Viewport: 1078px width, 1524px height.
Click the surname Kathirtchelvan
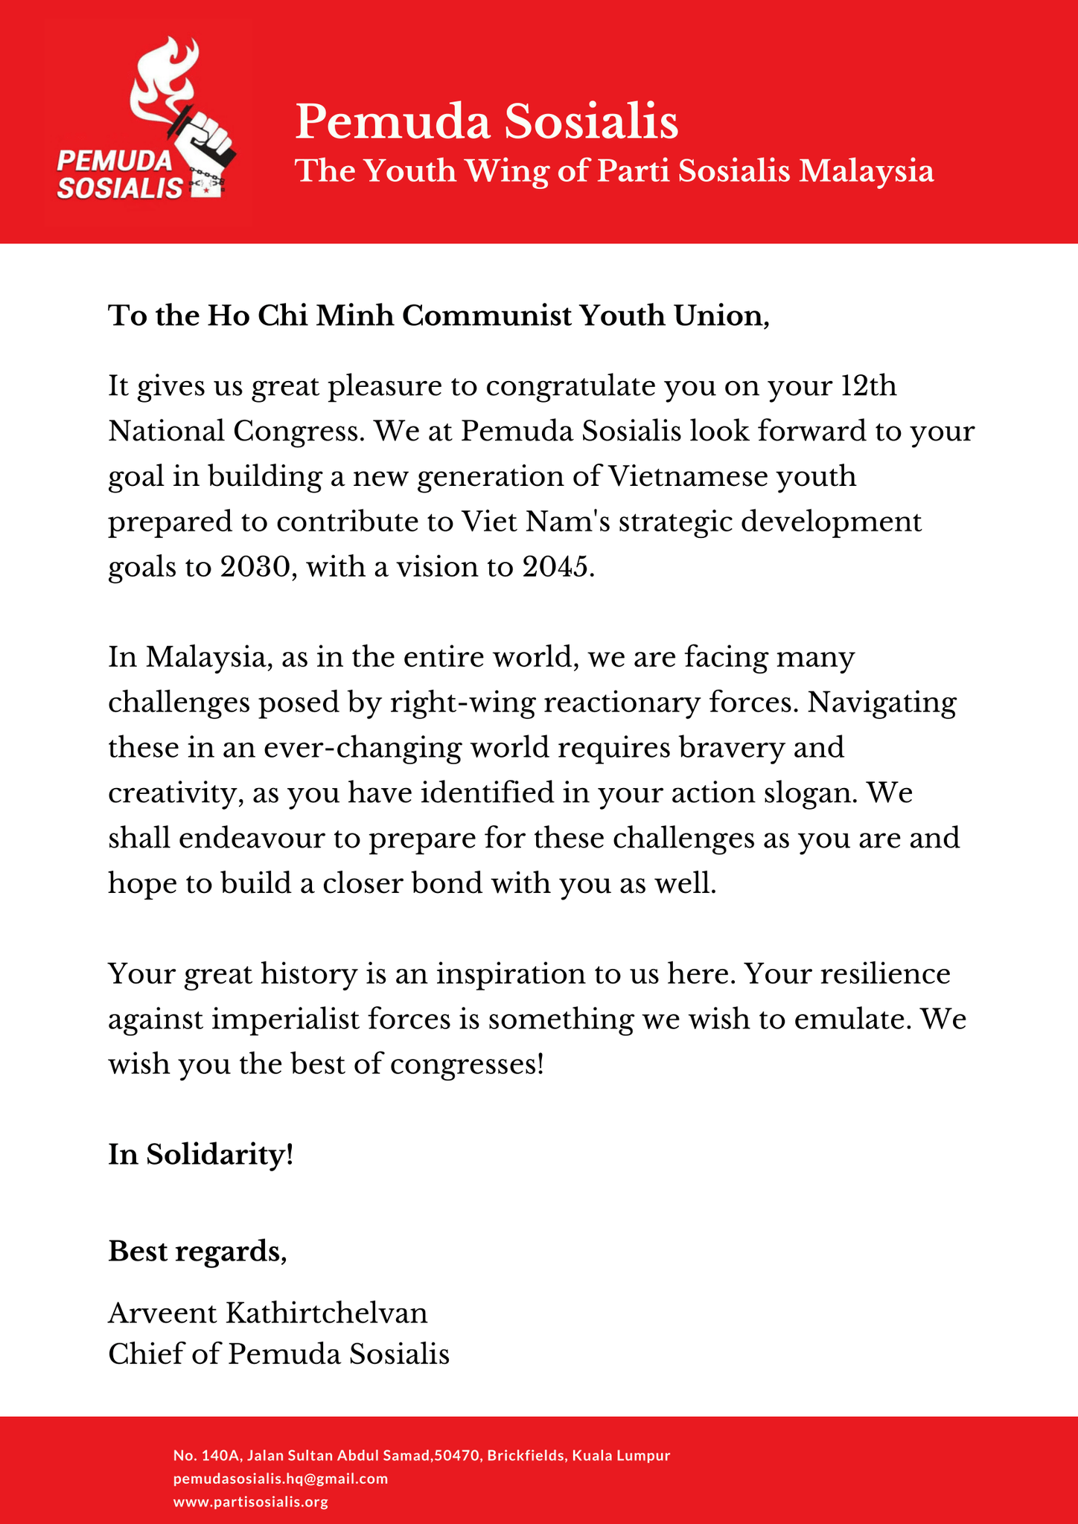[326, 1313]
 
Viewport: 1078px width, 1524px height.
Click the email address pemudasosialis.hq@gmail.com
[281, 1479]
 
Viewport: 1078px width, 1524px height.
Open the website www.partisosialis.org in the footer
[251, 1502]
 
